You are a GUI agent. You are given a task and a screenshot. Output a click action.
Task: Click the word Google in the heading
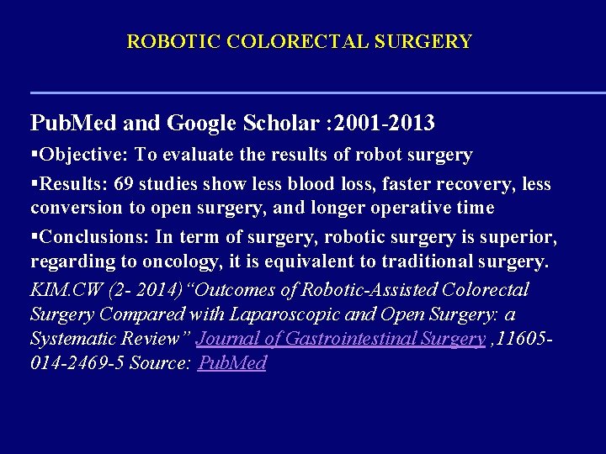point(198,124)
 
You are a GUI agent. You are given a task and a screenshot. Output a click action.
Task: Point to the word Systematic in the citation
point(71,339)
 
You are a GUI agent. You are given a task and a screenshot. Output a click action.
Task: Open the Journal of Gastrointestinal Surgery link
point(340,339)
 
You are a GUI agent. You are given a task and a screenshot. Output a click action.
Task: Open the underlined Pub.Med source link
point(231,363)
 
